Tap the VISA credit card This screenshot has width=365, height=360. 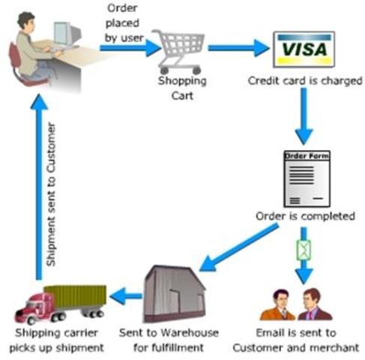pyautogui.click(x=304, y=49)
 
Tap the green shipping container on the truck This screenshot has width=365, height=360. pyautogui.click(x=75, y=297)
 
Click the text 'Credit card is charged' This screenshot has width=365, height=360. pyautogui.click(x=304, y=79)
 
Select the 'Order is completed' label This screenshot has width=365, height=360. pyautogui.click(x=304, y=217)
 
